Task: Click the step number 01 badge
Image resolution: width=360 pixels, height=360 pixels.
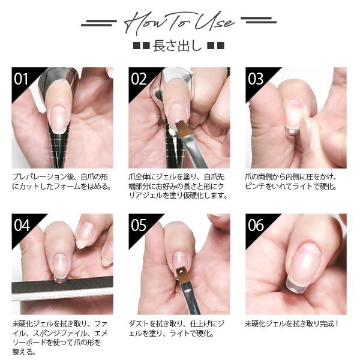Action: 22,79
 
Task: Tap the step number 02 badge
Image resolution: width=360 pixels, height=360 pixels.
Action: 139,79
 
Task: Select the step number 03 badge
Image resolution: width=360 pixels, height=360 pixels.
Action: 256,79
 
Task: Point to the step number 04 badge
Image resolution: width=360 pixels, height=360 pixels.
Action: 22,225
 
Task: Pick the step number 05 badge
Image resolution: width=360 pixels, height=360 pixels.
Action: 139,225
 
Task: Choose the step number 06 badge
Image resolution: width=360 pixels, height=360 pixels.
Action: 256,225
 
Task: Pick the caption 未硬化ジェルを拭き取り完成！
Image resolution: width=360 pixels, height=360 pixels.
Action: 292,324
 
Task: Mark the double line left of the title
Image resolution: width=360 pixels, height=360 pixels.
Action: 99,23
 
